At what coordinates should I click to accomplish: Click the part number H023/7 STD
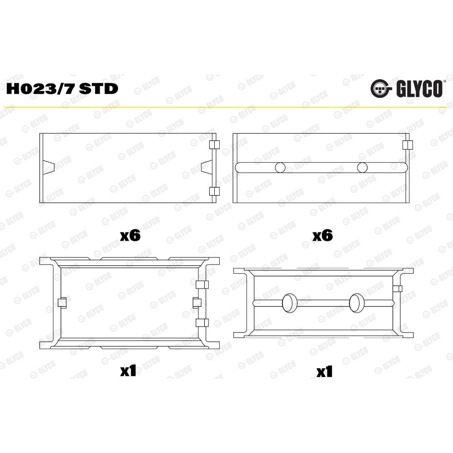[62, 89]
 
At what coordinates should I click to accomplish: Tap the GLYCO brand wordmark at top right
[419, 89]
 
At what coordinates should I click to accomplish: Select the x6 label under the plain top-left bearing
[130, 236]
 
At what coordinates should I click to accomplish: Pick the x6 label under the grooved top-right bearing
[323, 236]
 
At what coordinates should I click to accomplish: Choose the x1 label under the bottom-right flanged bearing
[324, 372]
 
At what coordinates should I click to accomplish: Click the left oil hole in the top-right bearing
[280, 168]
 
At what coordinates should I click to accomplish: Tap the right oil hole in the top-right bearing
[362, 168]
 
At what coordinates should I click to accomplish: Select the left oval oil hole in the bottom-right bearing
[289, 303]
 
